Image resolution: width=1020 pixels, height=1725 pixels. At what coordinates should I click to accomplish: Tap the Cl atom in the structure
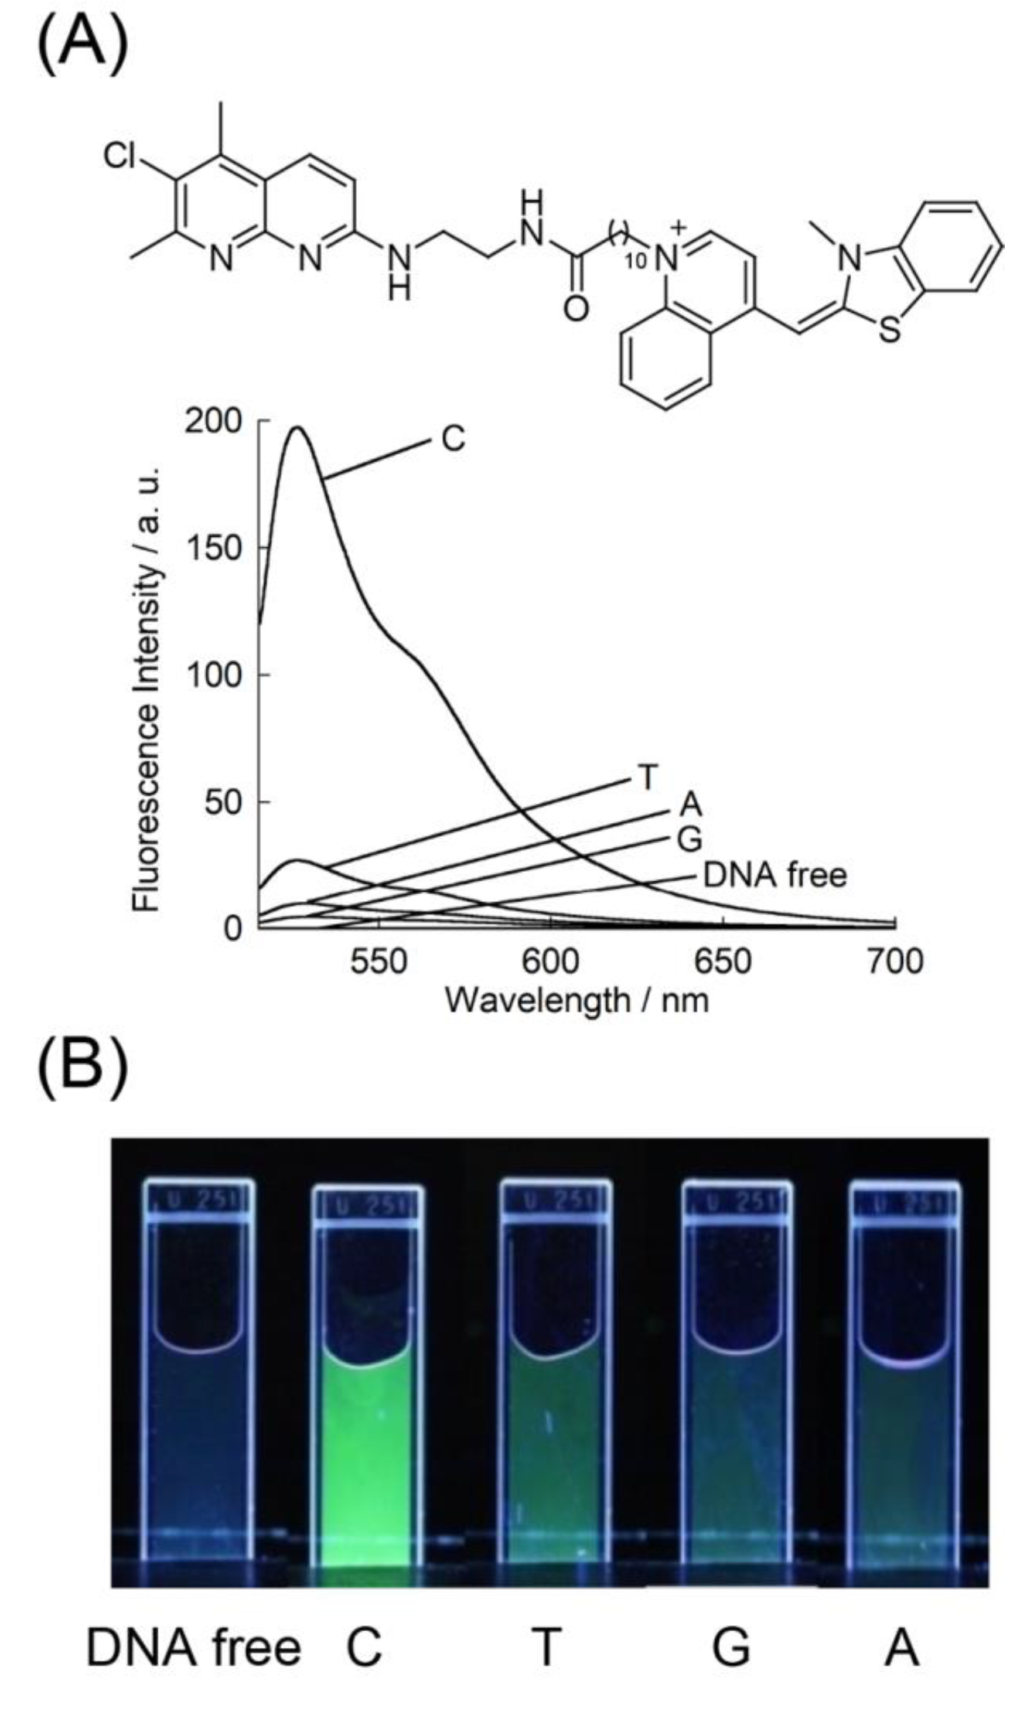(x=120, y=156)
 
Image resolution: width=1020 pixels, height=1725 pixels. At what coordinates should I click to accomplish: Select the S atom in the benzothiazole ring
(x=889, y=330)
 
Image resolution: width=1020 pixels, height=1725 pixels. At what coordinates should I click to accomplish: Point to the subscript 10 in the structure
(x=636, y=261)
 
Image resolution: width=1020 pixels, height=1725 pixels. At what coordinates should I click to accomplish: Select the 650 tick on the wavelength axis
(x=722, y=961)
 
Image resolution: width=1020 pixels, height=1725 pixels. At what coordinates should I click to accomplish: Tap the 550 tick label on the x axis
(x=378, y=961)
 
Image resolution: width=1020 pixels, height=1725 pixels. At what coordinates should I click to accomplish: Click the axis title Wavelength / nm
(x=576, y=1000)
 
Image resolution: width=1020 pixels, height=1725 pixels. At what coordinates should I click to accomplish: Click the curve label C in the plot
(x=453, y=438)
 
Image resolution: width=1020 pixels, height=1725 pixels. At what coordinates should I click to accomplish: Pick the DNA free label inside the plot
(x=775, y=875)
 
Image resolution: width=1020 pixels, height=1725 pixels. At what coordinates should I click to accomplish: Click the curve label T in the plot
(x=648, y=778)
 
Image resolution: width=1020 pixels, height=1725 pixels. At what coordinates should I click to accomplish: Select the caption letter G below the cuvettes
(x=731, y=1648)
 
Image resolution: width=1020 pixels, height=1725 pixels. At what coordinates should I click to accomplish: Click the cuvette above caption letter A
(x=905, y=1416)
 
